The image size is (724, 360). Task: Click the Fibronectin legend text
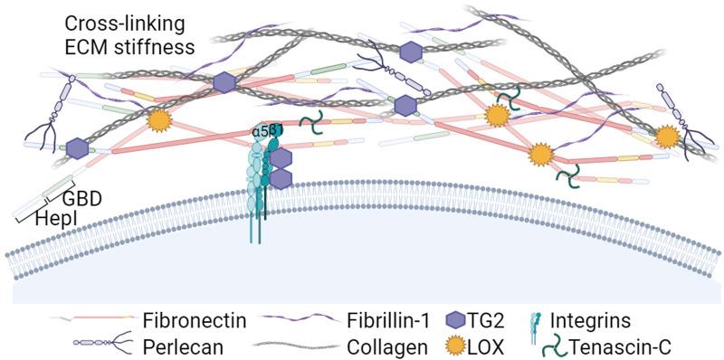coord(187,320)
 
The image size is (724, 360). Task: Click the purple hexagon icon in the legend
coord(458,320)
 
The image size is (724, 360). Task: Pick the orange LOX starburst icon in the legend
coord(458,345)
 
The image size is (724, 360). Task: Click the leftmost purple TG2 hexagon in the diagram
coord(76,147)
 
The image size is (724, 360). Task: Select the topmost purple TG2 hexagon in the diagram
coord(412,51)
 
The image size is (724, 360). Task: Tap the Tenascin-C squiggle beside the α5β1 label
coord(312,120)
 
